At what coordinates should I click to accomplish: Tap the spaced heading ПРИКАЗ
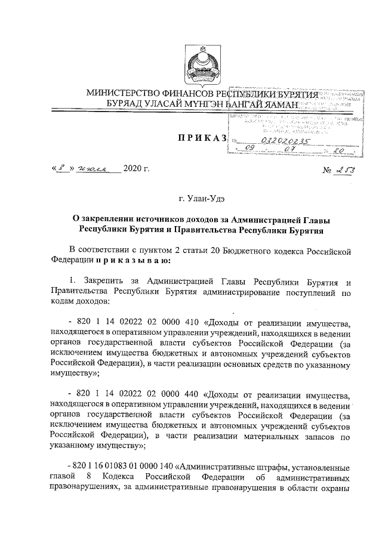pyautogui.click(x=201, y=138)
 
